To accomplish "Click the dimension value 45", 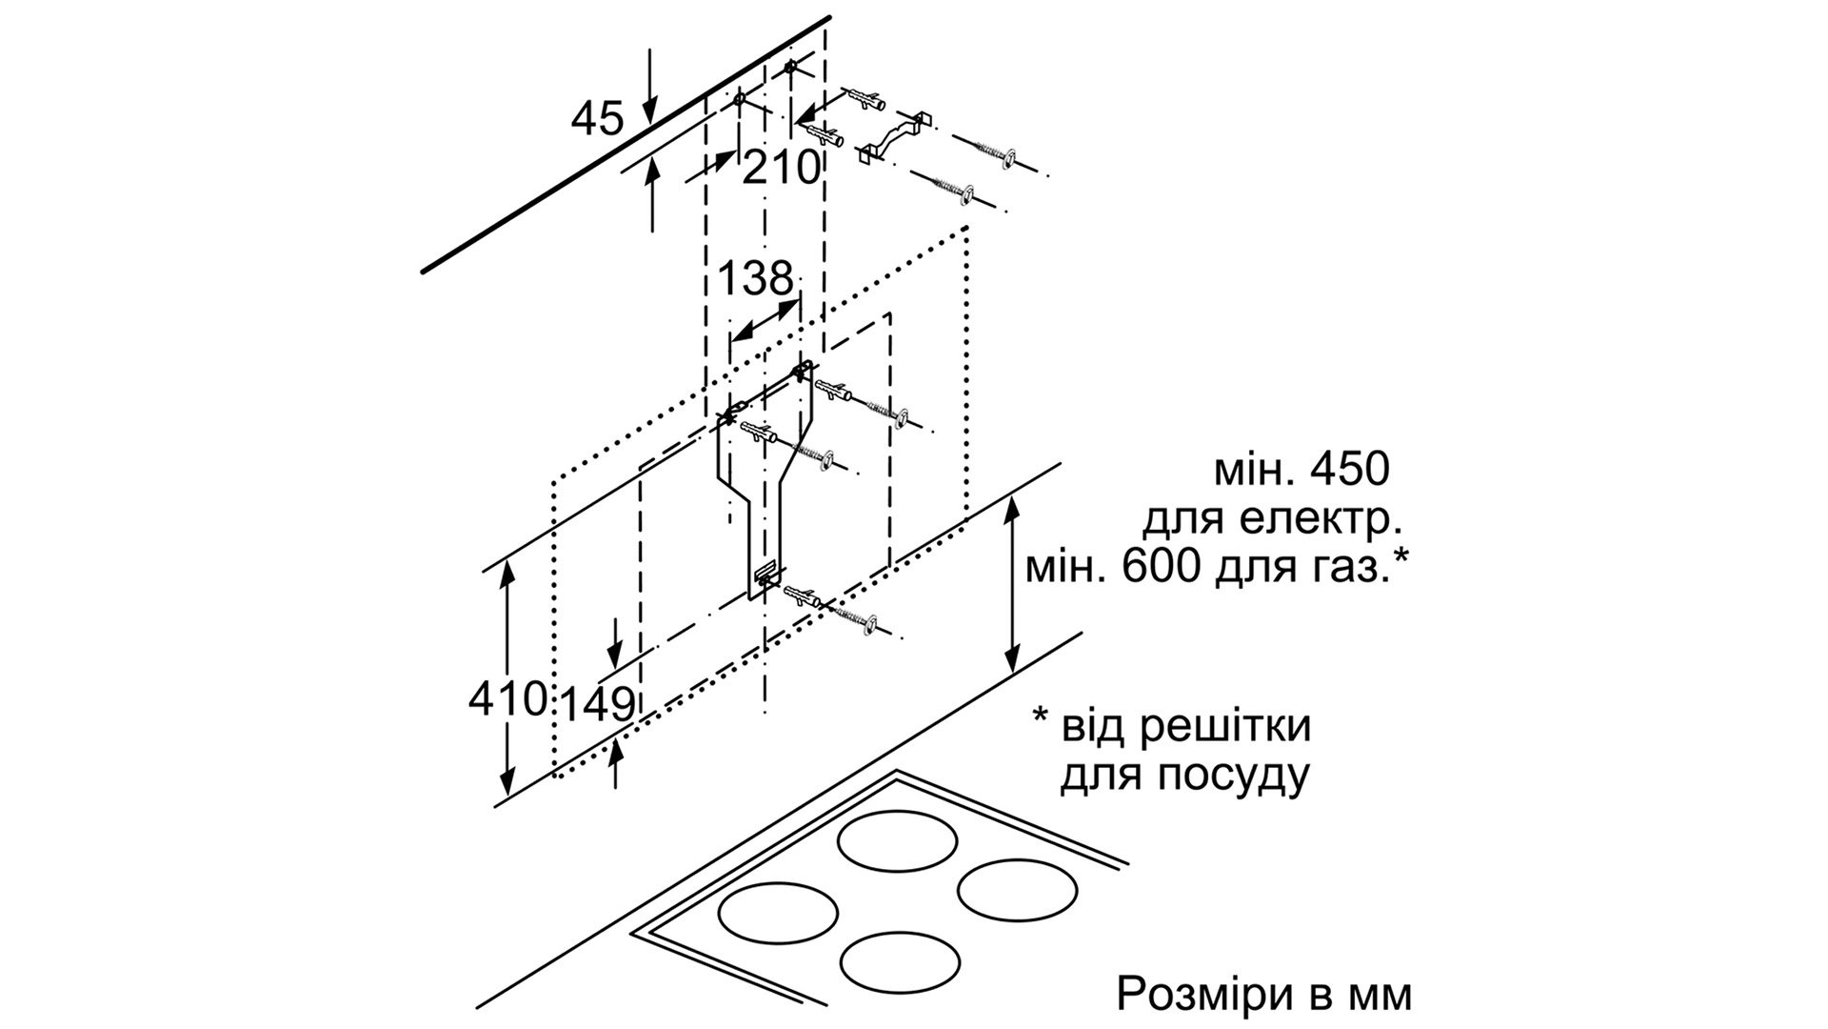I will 597,119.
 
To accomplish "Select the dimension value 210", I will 780,169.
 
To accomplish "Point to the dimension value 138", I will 754,278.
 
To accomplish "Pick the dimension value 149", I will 596,704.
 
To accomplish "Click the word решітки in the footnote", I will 1227,727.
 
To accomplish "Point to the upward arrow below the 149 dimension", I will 617,762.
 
